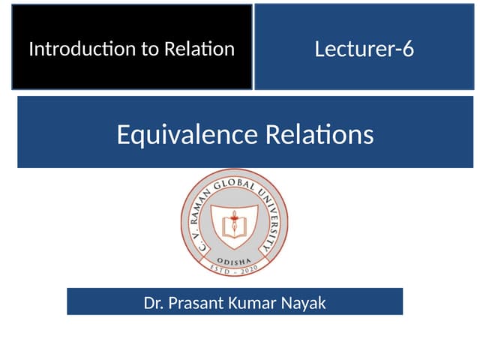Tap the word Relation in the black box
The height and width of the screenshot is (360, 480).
[200, 50]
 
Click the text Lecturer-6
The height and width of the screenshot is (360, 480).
[364, 49]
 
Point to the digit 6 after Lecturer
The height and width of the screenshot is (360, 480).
[408, 49]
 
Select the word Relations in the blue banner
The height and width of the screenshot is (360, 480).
[319, 134]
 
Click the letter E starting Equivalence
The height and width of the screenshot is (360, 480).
[124, 134]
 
